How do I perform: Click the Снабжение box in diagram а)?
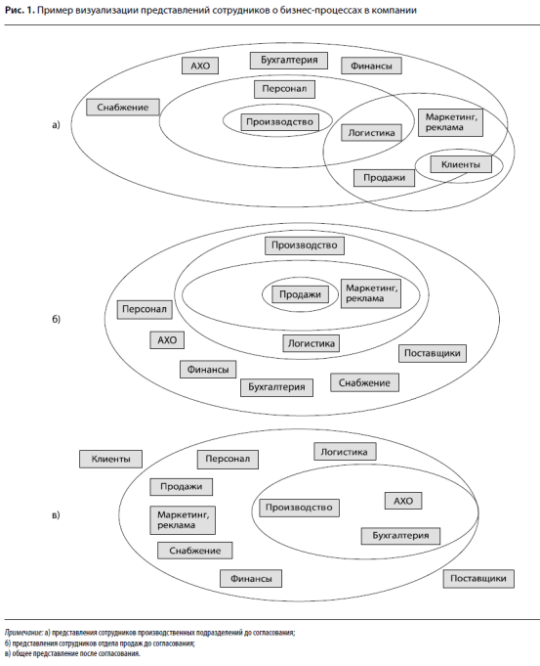click(123, 107)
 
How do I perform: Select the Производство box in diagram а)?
click(279, 122)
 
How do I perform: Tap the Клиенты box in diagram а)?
click(461, 164)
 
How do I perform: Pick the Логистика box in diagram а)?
click(372, 133)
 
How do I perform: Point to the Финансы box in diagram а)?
click(371, 66)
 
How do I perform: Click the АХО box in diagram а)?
click(200, 66)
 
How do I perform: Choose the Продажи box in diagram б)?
click(301, 294)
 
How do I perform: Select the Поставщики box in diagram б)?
click(433, 353)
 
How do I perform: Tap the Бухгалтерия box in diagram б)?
click(276, 387)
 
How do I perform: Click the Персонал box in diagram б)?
click(145, 309)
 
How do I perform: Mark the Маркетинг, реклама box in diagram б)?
click(371, 293)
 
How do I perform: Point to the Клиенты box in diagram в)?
click(110, 459)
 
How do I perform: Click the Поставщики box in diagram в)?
click(478, 579)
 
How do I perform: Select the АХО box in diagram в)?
click(403, 501)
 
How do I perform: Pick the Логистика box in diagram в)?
click(345, 452)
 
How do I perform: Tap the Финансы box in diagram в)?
click(251, 579)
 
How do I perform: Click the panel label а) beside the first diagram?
click(56, 125)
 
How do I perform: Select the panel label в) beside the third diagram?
click(56, 515)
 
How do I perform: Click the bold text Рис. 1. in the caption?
click(20, 10)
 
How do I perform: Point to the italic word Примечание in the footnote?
click(23, 633)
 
